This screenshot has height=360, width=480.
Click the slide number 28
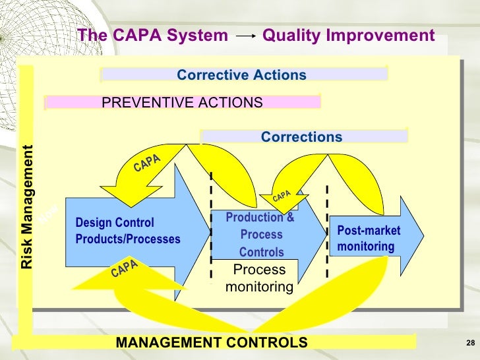[470, 342]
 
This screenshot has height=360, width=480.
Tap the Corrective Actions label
[241, 75]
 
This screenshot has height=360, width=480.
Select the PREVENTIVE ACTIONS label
[182, 103]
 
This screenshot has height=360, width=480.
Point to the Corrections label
[301, 137]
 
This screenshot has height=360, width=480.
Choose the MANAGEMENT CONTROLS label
[212, 342]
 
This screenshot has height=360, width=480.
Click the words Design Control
[115, 223]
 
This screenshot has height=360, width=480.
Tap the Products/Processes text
[128, 239]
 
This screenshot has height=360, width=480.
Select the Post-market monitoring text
[369, 239]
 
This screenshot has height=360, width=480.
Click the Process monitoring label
[259, 278]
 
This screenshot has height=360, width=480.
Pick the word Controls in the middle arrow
[262, 252]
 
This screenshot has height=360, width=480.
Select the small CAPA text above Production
[282, 196]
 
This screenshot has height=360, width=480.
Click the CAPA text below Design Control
[124, 268]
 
